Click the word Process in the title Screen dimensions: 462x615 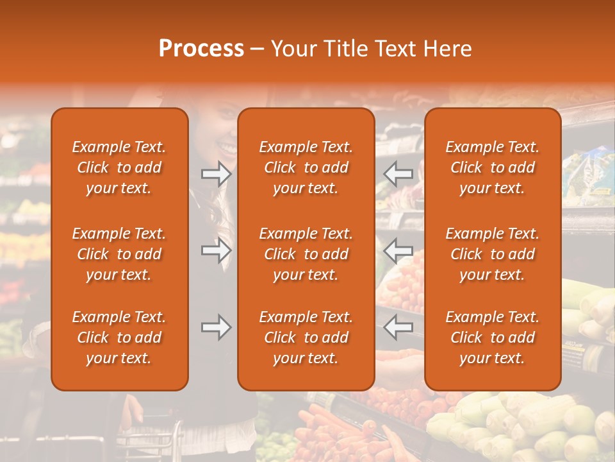201,49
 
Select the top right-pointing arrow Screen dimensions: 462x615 217,174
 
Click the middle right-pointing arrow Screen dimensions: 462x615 217,250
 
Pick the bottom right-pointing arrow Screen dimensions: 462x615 217,327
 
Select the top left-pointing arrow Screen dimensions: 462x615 398,174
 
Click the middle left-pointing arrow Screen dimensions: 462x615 398,250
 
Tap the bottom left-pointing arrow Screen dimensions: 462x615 398,327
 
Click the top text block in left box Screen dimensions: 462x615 119,167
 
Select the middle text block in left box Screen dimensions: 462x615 119,254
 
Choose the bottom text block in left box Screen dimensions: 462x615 119,338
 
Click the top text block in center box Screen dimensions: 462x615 306,167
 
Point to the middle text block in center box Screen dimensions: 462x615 306,254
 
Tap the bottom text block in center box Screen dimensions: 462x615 306,338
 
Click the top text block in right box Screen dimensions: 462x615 492,167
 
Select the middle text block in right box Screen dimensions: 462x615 492,254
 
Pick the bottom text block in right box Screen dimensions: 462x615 492,338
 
